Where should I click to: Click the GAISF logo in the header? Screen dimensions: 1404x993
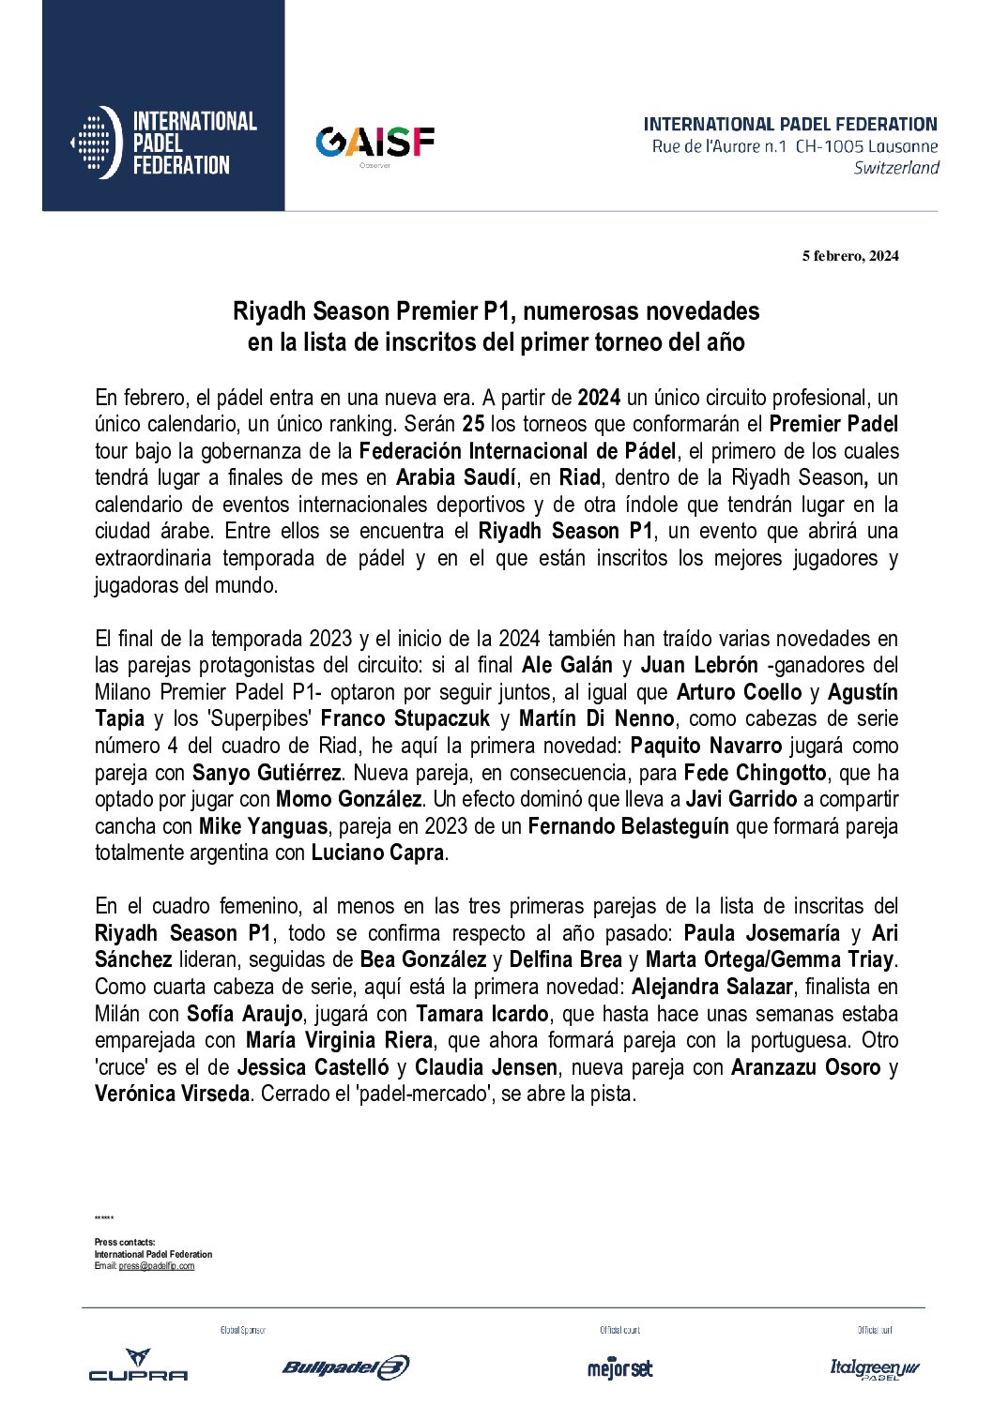pyautogui.click(x=374, y=143)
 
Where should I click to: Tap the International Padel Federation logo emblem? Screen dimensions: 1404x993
pyautogui.click(x=97, y=143)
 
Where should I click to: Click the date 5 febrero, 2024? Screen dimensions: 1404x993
pyautogui.click(x=849, y=256)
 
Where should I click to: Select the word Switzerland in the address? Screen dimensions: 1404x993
pyautogui.click(x=895, y=168)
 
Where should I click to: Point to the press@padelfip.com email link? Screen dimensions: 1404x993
pyautogui.click(x=157, y=1266)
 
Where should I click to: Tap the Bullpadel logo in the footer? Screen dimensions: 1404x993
pyautogui.click(x=345, y=1367)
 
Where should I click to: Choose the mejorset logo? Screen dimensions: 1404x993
pyautogui.click(x=619, y=1367)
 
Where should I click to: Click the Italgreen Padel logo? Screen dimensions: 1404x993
pyautogui.click(x=875, y=1368)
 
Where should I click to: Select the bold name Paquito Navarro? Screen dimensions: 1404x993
pyautogui.click(x=706, y=746)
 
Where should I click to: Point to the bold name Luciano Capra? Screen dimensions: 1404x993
pyautogui.click(x=377, y=853)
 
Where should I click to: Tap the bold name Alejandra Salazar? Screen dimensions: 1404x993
pyautogui.click(x=712, y=987)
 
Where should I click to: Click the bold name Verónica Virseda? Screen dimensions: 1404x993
pyautogui.click(x=172, y=1094)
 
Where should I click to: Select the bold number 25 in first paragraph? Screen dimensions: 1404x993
pyautogui.click(x=473, y=424)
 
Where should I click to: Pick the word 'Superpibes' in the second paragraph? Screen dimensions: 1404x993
pyautogui.click(x=258, y=718)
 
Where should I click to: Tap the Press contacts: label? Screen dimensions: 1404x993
pyautogui.click(x=125, y=1242)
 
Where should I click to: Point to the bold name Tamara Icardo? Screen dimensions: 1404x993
pyautogui.click(x=482, y=1014)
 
